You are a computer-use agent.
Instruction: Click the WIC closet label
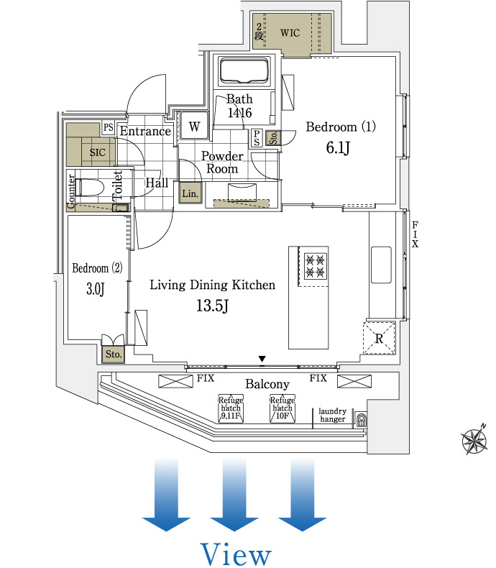290,32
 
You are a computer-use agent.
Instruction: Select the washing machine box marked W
193,127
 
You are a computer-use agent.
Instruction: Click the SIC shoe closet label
96,152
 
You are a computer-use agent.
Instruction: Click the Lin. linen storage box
190,193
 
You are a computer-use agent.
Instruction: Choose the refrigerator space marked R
379,338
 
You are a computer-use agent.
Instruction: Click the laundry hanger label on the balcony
333,416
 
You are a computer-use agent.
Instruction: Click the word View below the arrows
236,554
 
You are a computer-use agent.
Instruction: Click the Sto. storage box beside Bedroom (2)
114,354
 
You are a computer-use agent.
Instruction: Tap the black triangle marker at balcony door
262,359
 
